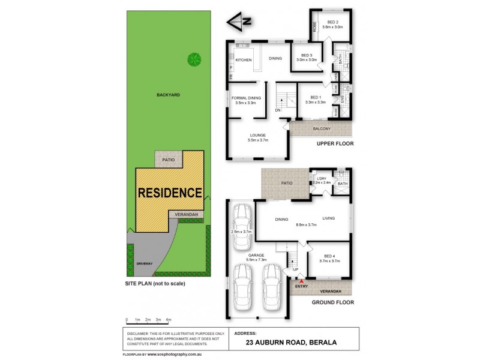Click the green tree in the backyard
(x=193, y=59)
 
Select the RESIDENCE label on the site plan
(x=170, y=193)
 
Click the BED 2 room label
(x=332, y=23)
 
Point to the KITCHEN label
(x=242, y=59)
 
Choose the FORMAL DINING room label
(x=245, y=99)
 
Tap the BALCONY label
(x=322, y=129)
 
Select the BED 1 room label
(x=315, y=99)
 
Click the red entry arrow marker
(x=302, y=281)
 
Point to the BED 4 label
(x=329, y=257)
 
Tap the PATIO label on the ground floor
(x=284, y=184)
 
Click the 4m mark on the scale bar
(x=169, y=320)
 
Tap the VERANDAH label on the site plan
(x=186, y=214)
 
